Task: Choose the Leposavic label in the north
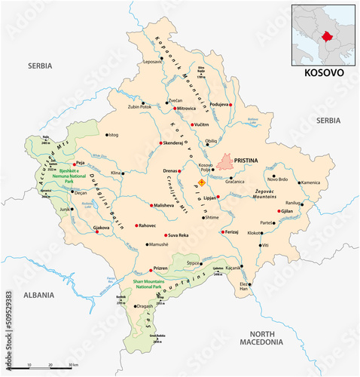(152, 60)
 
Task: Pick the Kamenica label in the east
(313, 182)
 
